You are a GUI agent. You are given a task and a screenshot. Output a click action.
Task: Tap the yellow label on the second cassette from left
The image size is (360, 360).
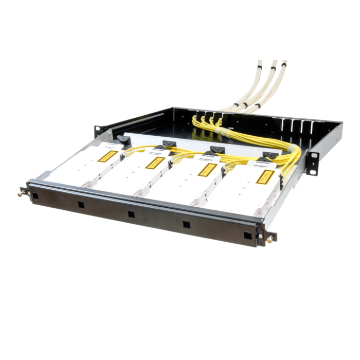pyautogui.click(x=153, y=163)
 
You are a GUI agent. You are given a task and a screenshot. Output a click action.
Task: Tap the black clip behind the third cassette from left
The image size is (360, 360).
pyautogui.click(x=213, y=150)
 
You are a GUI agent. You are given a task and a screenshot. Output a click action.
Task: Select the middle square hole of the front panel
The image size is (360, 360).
pyautogui.click(x=131, y=214)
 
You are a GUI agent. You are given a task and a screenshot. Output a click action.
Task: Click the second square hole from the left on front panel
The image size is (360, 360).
pyautogui.click(x=81, y=204)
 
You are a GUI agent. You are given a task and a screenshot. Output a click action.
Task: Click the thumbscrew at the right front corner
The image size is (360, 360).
pyautogui.click(x=268, y=238)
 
